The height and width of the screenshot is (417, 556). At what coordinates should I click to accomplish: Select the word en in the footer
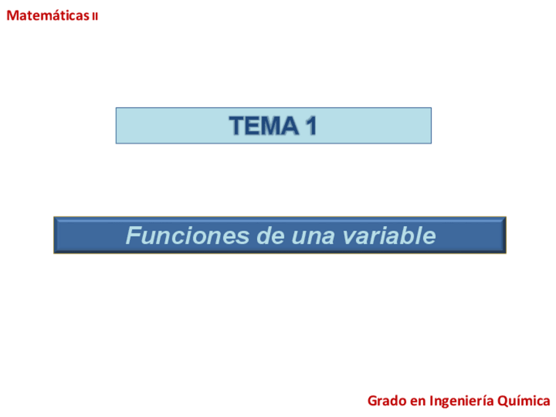click(x=418, y=401)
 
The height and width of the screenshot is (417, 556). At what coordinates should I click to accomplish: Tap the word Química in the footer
click(x=524, y=401)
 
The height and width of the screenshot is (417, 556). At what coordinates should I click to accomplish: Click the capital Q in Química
click(x=503, y=401)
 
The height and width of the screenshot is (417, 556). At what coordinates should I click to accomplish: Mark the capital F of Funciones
click(x=132, y=235)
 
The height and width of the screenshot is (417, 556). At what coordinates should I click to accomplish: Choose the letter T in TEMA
click(x=236, y=125)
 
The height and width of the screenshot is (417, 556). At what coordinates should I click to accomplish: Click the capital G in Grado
click(x=372, y=400)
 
